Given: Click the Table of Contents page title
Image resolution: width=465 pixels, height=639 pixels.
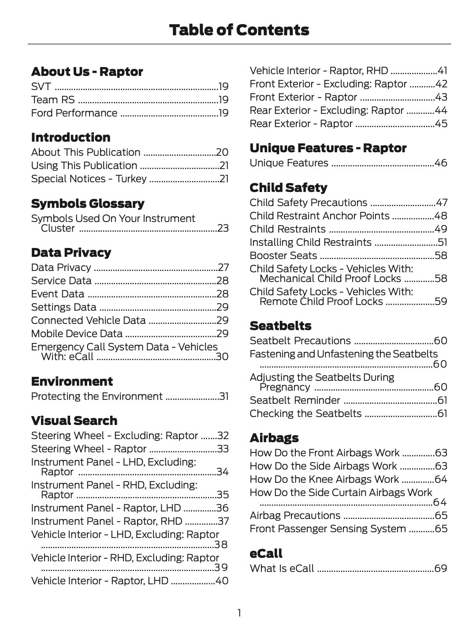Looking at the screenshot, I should click(x=239, y=30).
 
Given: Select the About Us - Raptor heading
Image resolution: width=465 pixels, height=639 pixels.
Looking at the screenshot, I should click(x=87, y=71).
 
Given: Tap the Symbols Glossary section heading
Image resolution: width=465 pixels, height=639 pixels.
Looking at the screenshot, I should click(x=88, y=203).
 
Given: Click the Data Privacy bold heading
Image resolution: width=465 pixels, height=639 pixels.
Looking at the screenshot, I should click(x=71, y=252).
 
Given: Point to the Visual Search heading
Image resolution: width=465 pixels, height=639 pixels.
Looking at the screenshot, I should click(x=74, y=421).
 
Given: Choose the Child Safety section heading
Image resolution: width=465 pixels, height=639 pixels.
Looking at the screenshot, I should click(x=288, y=188).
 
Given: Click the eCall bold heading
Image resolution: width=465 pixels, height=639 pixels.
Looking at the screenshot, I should click(x=266, y=553).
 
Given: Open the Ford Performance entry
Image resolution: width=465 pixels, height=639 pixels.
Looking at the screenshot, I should click(x=74, y=113).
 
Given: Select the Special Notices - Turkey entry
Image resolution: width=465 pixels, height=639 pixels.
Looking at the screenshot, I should click(x=89, y=179).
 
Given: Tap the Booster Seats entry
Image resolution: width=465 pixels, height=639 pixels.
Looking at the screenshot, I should click(x=283, y=256).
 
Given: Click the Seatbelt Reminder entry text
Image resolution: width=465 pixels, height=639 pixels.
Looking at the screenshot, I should click(x=295, y=400).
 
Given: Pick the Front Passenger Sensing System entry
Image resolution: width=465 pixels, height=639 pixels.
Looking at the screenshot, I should click(x=327, y=529).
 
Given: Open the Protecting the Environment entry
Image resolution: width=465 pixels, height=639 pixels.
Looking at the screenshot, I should click(x=97, y=396).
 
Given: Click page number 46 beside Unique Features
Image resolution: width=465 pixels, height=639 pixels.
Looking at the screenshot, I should click(x=441, y=163).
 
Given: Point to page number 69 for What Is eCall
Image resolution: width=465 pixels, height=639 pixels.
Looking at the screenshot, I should click(x=441, y=568).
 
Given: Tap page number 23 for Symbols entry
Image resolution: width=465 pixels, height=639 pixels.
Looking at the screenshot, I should click(x=223, y=228).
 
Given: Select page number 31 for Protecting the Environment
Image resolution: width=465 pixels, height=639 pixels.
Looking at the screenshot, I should click(x=224, y=396).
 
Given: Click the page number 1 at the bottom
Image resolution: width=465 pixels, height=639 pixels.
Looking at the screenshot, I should click(x=239, y=613).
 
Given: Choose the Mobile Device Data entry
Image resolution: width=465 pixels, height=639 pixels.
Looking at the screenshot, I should click(x=77, y=334).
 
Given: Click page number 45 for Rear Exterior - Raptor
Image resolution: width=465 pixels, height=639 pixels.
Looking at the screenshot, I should click(x=441, y=124).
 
